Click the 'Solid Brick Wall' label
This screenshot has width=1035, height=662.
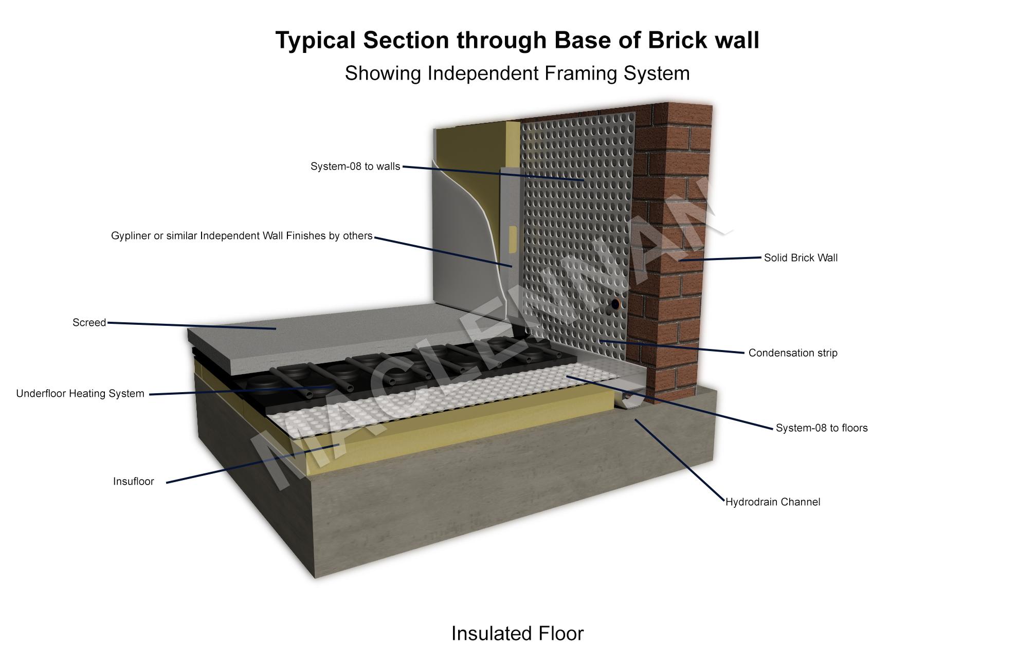pos(801,258)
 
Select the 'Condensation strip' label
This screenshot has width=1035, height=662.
pos(793,353)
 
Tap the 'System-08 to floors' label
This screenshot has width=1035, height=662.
pos(822,428)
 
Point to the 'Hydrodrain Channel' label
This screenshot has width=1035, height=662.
pos(773,502)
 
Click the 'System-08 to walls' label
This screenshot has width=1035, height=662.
pos(355,167)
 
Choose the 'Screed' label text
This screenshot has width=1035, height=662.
pos(89,323)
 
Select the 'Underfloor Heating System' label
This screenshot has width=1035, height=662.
pos(80,394)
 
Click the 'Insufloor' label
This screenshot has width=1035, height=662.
pos(134,482)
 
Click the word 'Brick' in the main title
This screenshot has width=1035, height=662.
pos(676,40)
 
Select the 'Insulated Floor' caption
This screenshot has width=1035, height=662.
pos(517,634)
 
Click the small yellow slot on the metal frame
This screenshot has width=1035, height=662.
pos(512,236)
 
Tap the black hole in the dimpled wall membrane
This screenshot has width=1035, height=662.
pos(614,305)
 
